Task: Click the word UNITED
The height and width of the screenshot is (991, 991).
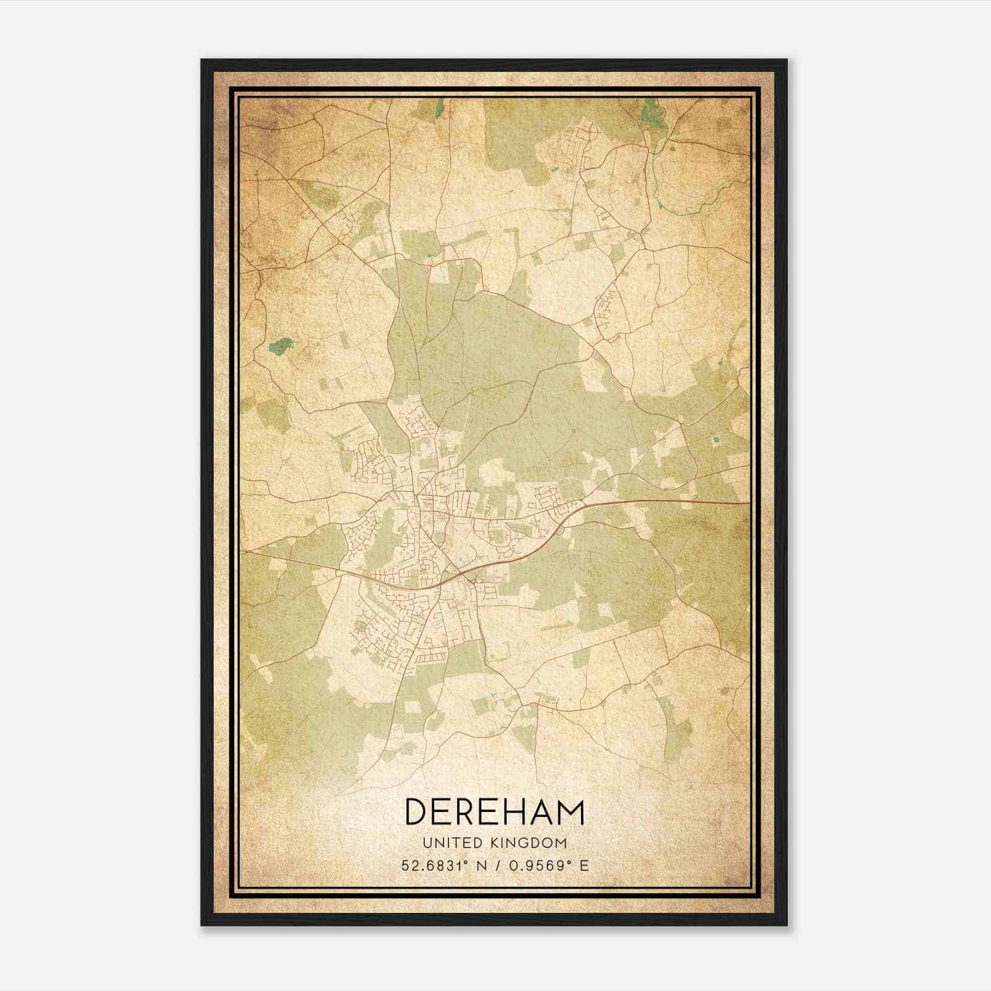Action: pyautogui.click(x=445, y=842)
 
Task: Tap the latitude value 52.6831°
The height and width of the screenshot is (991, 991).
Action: pyautogui.click(x=434, y=865)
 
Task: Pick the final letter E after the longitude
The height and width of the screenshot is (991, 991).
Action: pyautogui.click(x=584, y=865)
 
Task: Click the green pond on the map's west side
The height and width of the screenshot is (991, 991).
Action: pyautogui.click(x=280, y=346)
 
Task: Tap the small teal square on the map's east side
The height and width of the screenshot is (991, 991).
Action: pyautogui.click(x=717, y=440)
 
